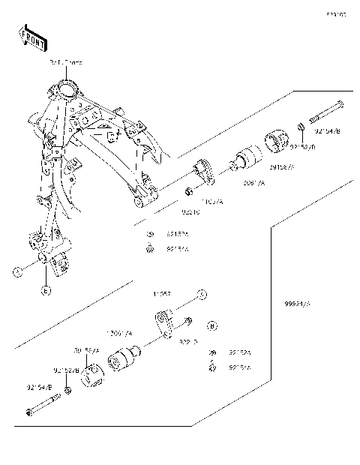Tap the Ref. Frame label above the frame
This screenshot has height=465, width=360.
point(65,64)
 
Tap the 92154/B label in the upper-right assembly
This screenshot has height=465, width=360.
point(327,131)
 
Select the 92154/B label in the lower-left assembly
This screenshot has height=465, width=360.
point(39,388)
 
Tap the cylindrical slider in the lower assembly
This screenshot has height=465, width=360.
point(124,359)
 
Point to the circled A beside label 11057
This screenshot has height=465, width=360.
point(201,293)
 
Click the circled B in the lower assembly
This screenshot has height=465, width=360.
point(212,326)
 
